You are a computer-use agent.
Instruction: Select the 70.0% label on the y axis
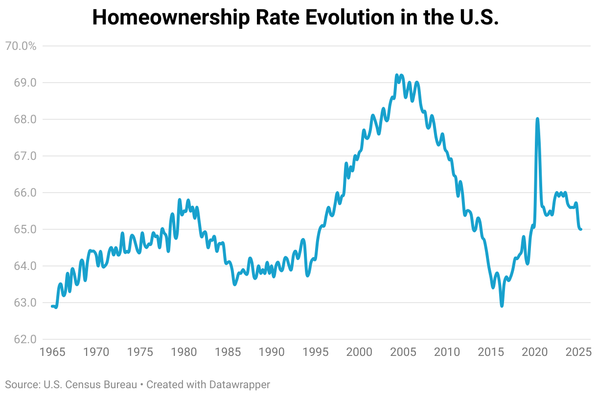[20, 46]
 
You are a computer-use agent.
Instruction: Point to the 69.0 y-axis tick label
[25, 83]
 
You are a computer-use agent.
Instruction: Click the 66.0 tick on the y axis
[25, 193]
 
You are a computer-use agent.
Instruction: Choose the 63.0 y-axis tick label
[25, 303]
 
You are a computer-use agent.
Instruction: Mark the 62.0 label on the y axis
[25, 339]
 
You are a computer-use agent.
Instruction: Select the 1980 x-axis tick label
[184, 352]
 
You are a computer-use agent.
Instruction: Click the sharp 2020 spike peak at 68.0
[537, 119]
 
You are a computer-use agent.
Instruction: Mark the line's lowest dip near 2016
[502, 306]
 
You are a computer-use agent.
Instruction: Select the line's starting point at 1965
[52, 306]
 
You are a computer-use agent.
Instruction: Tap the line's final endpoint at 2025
[581, 229]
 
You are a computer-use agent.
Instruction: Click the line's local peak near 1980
[180, 200]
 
